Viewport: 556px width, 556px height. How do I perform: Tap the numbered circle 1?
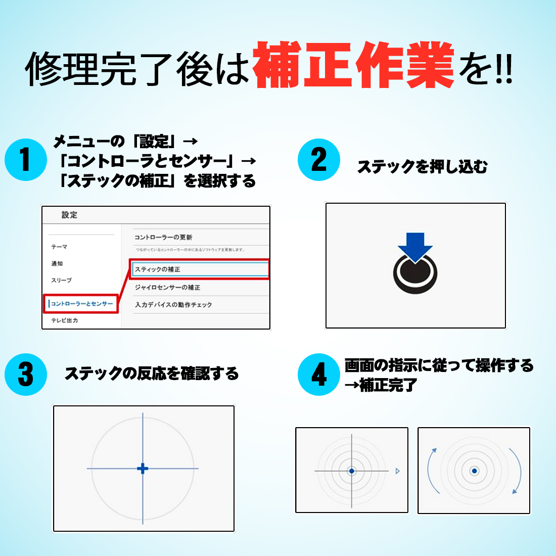pos(25,160)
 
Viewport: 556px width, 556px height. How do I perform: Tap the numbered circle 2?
pos(318,160)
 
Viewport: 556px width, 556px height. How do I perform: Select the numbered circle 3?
pos(25,375)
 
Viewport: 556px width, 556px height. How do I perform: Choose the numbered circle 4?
pos(318,375)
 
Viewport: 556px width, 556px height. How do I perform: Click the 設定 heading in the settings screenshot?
pos(69,215)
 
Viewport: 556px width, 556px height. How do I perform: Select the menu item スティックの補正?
pos(157,269)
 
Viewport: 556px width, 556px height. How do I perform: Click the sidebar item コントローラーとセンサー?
pos(81,304)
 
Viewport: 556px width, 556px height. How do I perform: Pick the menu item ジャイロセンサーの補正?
pos(167,287)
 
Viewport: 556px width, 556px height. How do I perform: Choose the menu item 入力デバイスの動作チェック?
pos(173,305)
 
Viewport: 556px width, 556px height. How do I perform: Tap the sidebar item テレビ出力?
pos(64,320)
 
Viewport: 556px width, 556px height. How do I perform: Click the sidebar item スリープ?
pos(61,280)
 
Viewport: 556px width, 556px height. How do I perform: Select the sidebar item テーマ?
pos(59,247)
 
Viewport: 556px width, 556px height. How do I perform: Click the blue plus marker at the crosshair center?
pos(143,469)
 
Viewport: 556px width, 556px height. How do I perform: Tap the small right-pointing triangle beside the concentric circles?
pos(397,471)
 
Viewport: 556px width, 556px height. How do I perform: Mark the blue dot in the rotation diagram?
pos(474,471)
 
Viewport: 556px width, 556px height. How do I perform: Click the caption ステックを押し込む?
pos(422,167)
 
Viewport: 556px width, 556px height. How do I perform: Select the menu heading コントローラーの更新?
pos(163,237)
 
